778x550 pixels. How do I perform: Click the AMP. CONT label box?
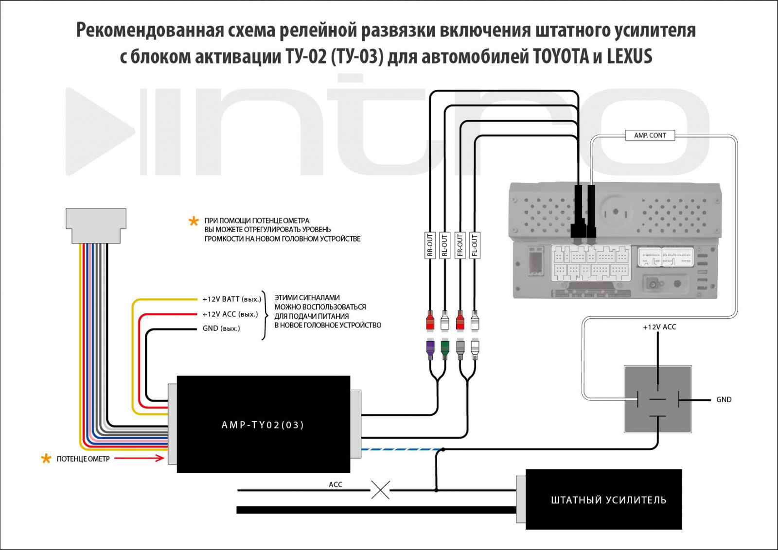pyautogui.click(x=650, y=136)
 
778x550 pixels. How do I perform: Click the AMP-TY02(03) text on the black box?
pyautogui.click(x=263, y=425)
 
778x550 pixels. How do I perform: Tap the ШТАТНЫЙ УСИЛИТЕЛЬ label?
pyautogui.click(x=608, y=500)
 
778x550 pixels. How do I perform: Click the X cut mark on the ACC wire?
pyautogui.click(x=380, y=490)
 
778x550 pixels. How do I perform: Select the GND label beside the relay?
pyautogui.click(x=724, y=400)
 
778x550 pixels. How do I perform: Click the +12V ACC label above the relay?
pyautogui.click(x=659, y=327)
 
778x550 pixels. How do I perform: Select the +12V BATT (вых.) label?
pyautogui.click(x=231, y=299)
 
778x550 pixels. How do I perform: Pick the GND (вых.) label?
pyautogui.click(x=221, y=328)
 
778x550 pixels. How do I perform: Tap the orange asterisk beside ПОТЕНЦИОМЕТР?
pyautogui.click(x=46, y=459)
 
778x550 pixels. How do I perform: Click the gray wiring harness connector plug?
pyautogui.click(x=96, y=225)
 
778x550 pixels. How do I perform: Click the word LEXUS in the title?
pyautogui.click(x=629, y=57)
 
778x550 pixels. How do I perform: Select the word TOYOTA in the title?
pyautogui.click(x=561, y=57)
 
